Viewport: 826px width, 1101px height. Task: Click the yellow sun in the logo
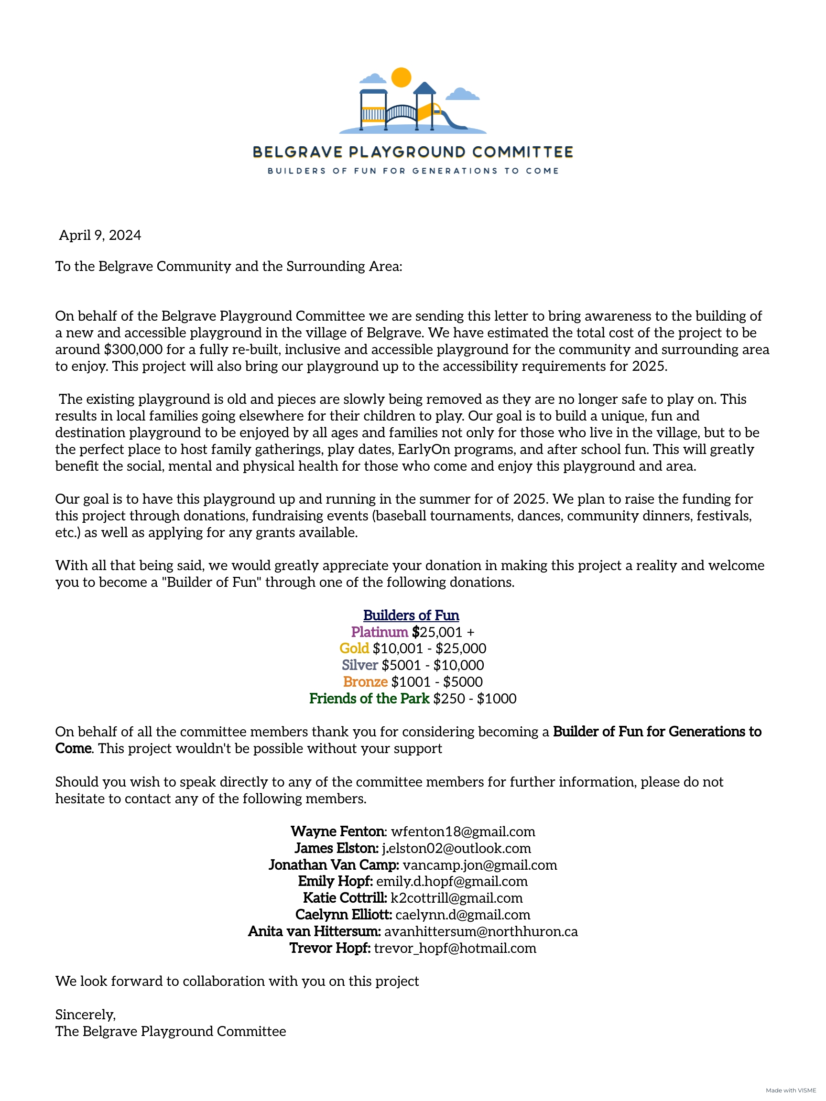click(x=402, y=77)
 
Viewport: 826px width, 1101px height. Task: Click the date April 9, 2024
click(x=100, y=235)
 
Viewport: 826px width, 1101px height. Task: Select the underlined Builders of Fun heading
click(x=411, y=615)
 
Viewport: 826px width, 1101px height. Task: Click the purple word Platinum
click(x=380, y=632)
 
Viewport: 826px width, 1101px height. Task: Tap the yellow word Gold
click(x=354, y=648)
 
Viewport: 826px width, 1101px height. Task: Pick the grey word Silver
click(x=359, y=665)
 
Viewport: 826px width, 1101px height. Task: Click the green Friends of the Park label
click(x=369, y=698)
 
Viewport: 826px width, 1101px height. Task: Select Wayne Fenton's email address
click(x=463, y=831)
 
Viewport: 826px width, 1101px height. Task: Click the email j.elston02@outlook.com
click(x=456, y=848)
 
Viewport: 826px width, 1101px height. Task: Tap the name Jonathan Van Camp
click(x=333, y=864)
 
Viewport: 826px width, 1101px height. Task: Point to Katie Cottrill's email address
click(x=456, y=898)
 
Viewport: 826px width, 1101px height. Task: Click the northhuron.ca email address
click(x=481, y=931)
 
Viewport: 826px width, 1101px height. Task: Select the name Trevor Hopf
click(x=330, y=948)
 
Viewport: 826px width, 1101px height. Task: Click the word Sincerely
click(x=85, y=1015)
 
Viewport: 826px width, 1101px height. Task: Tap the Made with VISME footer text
click(x=791, y=1090)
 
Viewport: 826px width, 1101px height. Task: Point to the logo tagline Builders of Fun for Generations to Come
click(x=413, y=171)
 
